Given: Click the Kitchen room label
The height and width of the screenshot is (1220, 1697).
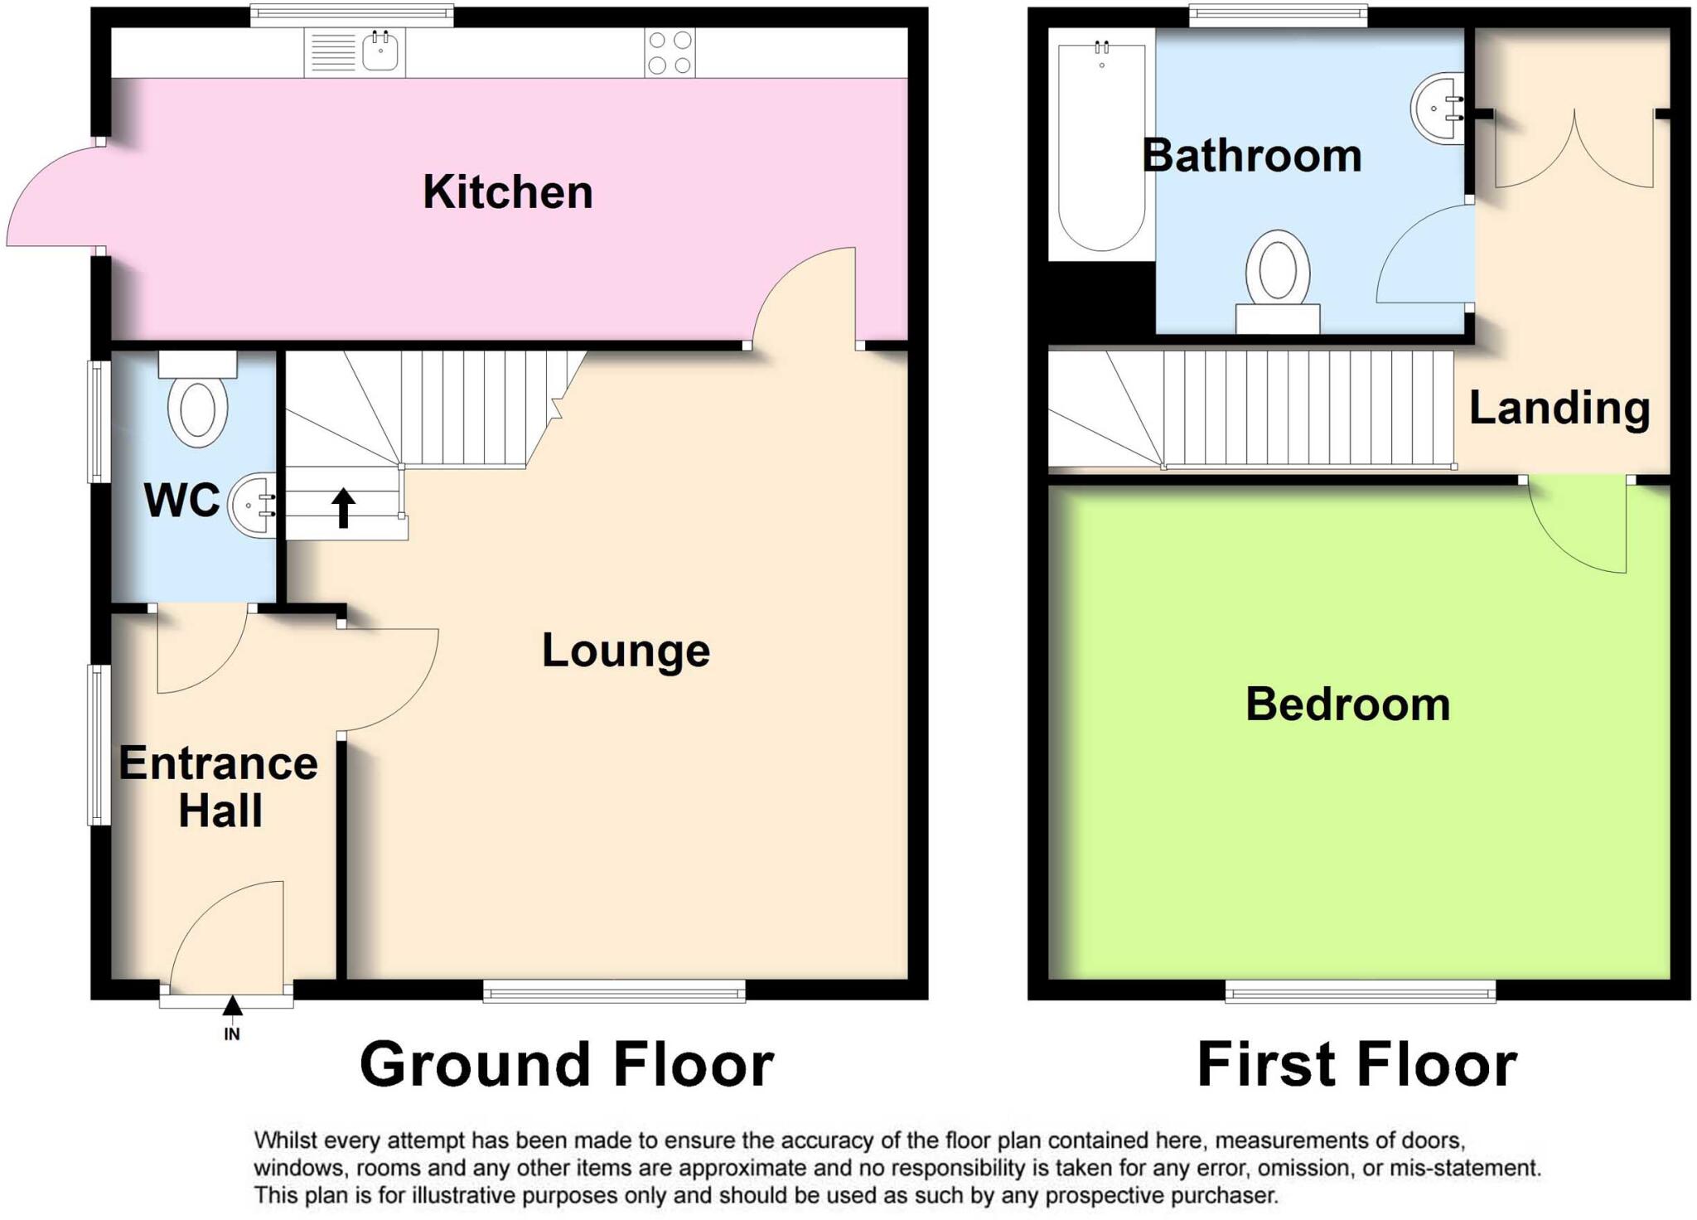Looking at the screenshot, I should coord(507,192).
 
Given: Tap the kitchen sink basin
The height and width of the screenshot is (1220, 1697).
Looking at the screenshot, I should coord(380,53).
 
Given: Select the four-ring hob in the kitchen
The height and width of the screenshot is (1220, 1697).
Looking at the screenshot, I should coord(670,52).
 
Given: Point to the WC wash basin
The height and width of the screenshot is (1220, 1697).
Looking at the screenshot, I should coord(253,506).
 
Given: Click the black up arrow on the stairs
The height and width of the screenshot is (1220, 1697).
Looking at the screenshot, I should coord(343,508).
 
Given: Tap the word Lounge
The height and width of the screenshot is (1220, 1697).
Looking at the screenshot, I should coord(626,651).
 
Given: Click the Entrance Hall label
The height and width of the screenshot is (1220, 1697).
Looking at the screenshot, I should coord(218,786).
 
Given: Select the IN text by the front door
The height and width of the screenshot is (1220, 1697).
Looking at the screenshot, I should coord(232,1034).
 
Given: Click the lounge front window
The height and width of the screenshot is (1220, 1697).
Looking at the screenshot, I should coord(614,990).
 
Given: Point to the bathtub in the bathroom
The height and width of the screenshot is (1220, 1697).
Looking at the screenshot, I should coord(1101,145).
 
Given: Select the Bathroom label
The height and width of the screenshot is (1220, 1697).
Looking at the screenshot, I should coord(1251,156).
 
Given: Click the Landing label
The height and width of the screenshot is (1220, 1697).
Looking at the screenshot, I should coord(1559,408).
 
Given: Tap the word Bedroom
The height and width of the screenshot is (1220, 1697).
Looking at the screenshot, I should coord(1347,704).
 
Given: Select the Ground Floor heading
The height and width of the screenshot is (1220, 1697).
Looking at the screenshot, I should coord(567,1065).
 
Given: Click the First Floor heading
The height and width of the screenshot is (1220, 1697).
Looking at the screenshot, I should coord(1356,1065).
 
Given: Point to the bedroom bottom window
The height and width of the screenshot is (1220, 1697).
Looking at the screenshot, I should coord(1360,990).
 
